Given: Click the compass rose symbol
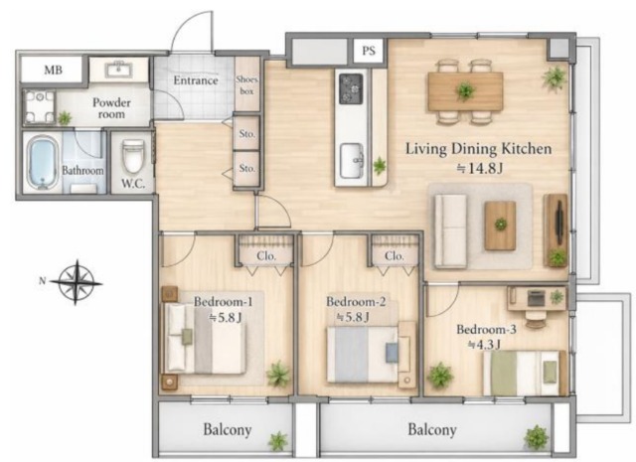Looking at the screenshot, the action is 77,282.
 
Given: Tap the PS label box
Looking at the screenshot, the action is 368,51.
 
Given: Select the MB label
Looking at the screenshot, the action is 53,70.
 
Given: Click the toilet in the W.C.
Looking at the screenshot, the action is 133,157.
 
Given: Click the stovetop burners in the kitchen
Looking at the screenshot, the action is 351,88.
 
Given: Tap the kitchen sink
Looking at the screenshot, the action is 352,161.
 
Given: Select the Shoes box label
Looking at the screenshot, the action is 246,85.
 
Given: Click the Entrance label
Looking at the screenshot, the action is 196,80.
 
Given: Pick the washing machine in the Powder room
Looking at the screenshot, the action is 39,107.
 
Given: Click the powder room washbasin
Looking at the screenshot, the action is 118,70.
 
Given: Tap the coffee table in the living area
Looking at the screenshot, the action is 500,226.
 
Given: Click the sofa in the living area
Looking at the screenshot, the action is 450,231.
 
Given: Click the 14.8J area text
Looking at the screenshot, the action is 480,169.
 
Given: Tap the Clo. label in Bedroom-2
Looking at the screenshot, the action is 395,256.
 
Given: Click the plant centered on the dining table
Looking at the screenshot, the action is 465,91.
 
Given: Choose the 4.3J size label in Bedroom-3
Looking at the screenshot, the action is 484,345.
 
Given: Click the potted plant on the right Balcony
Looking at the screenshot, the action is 537,437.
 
